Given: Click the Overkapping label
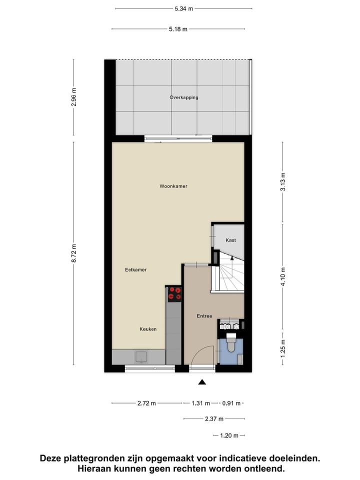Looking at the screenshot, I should (183, 97).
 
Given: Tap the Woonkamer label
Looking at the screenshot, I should (173, 186).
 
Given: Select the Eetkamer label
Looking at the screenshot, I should (135, 270).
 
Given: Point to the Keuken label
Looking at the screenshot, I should (148, 329).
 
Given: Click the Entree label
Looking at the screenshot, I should (204, 316).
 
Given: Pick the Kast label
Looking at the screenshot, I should (230, 240).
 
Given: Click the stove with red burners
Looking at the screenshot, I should (174, 294).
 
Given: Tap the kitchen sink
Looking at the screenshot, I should (141, 356).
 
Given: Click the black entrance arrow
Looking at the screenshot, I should (202, 382).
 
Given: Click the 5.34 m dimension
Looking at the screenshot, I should (183, 8).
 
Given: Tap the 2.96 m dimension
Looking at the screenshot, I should (74, 97).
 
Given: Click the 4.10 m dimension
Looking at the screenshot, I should (283, 276).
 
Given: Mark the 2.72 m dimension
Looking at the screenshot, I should (146, 403).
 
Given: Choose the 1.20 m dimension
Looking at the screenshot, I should (229, 435).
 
